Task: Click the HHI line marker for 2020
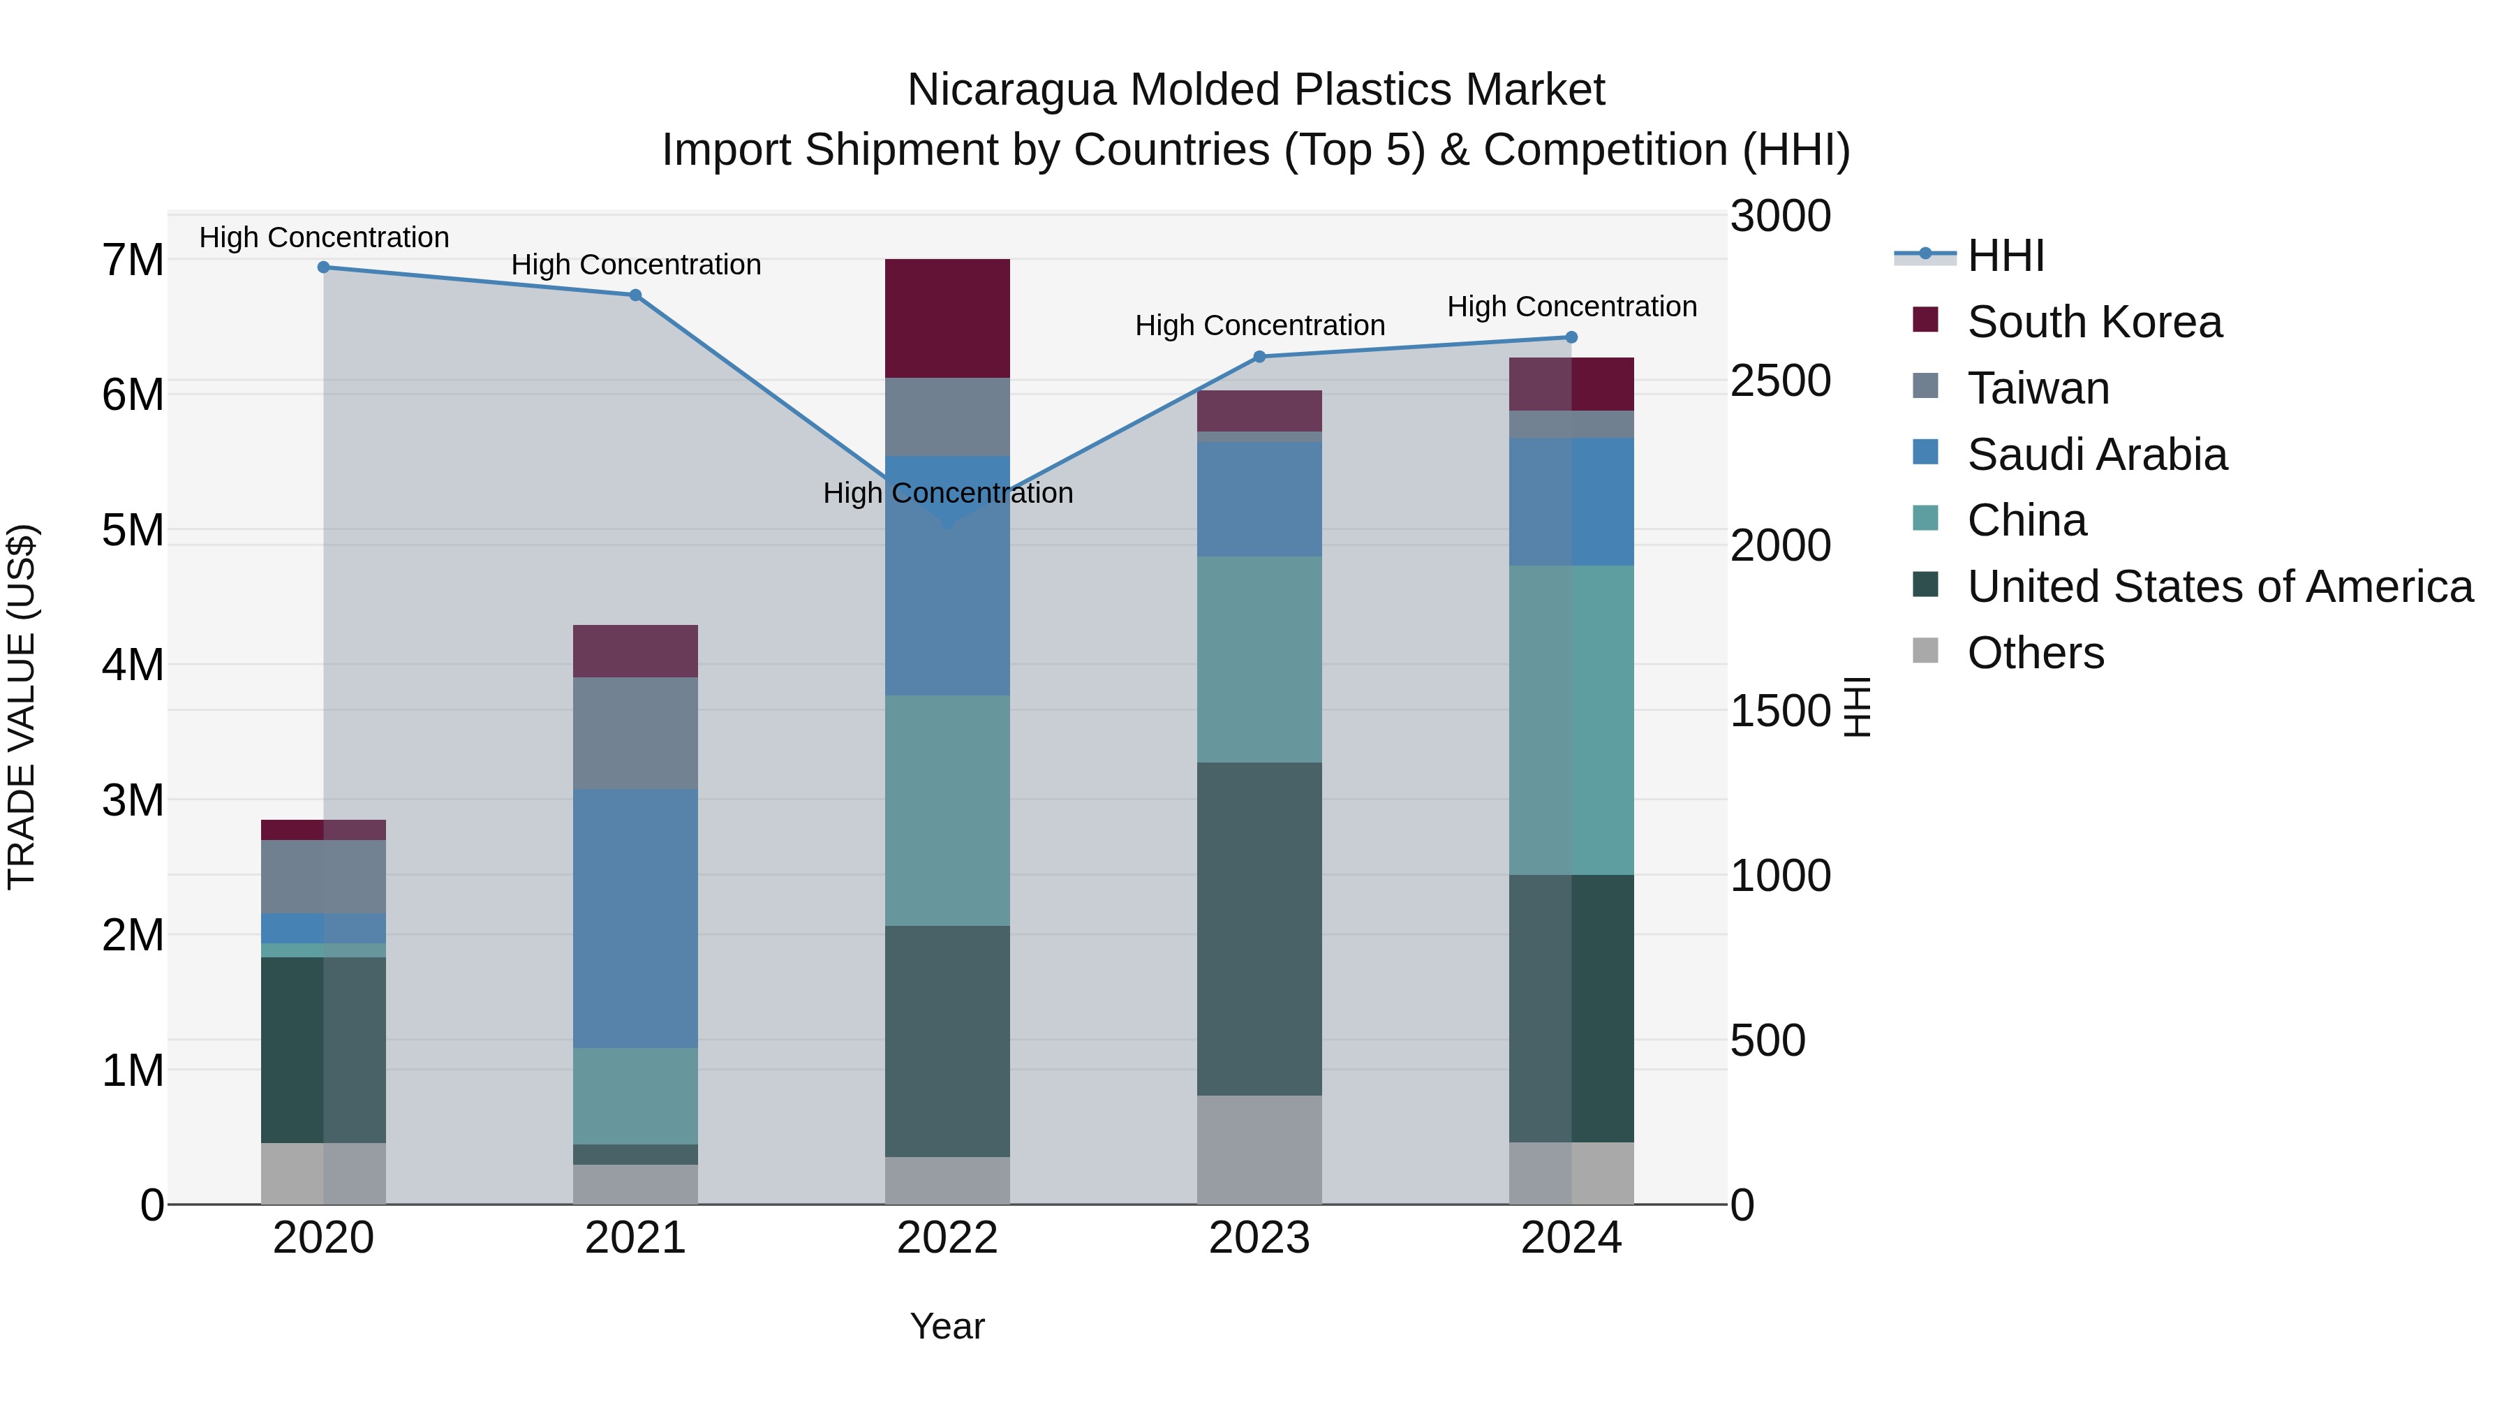tap(324, 267)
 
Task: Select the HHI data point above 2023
tap(1259, 357)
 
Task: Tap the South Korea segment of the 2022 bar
tap(947, 318)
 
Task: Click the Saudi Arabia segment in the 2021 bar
tap(635, 918)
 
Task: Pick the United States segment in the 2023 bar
tap(1259, 928)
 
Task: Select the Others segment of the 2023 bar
tap(1259, 1149)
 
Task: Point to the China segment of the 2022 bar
tap(947, 810)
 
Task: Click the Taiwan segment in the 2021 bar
tap(635, 733)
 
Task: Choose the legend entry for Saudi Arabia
tap(2096, 455)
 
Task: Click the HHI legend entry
tap(2005, 256)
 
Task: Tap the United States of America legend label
tap(2219, 587)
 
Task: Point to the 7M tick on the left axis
tap(133, 260)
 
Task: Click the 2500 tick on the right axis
tap(1780, 381)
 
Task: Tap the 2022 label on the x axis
tap(947, 1238)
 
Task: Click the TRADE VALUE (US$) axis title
tap(22, 707)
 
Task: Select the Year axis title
tap(947, 1326)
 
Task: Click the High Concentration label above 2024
tap(1571, 307)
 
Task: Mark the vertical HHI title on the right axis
tap(1858, 707)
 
